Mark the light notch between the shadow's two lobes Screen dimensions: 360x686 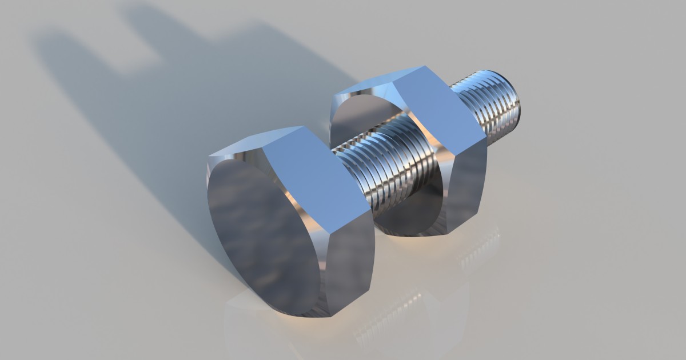click(137, 51)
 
